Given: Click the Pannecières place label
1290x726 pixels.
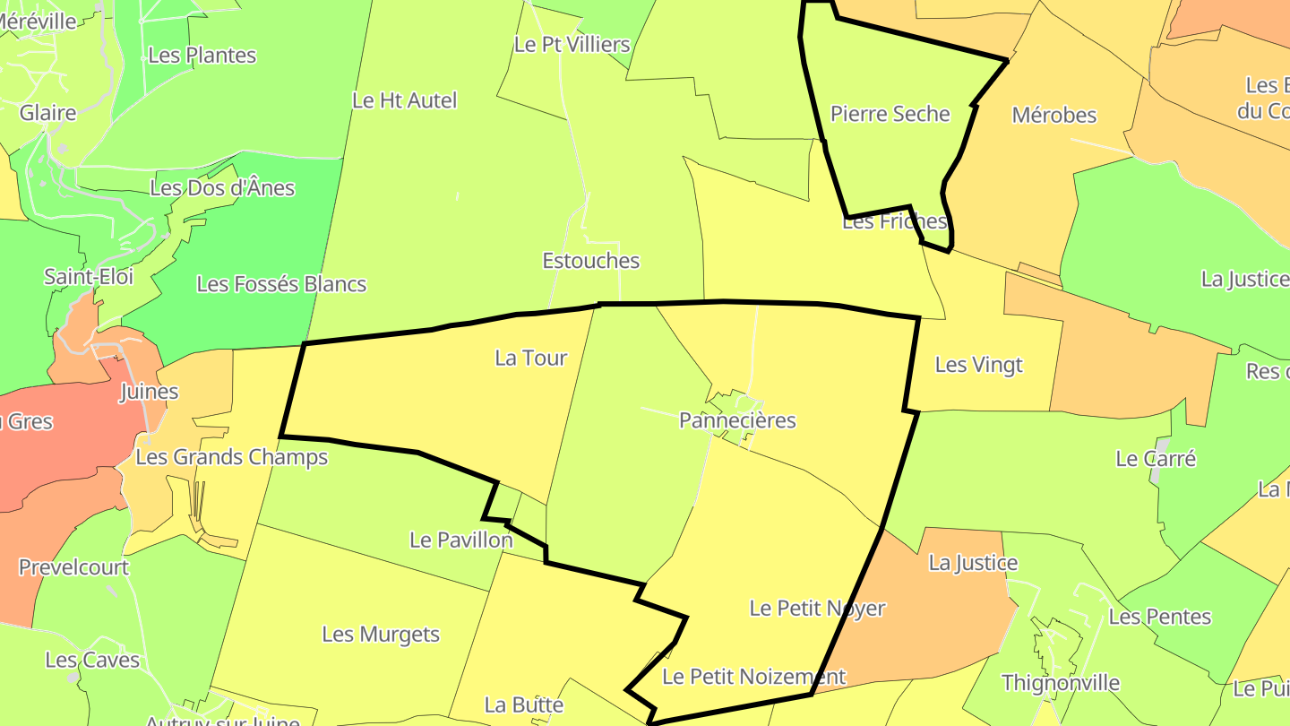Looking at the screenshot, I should [x=737, y=420].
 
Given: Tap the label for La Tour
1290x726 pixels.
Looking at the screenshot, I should [x=531, y=359].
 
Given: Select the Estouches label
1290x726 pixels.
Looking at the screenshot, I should [x=591, y=261].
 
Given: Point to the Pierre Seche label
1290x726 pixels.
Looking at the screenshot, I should [x=890, y=114].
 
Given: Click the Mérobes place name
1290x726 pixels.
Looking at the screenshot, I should [x=1053, y=116].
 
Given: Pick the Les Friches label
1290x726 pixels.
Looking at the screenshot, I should [x=894, y=221].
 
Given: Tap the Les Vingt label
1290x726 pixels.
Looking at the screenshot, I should [x=978, y=365].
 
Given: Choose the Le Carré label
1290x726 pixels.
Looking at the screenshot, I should [x=1156, y=459].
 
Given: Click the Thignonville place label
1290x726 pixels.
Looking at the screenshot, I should [x=1061, y=683].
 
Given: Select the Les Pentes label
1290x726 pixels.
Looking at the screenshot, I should [x=1159, y=617].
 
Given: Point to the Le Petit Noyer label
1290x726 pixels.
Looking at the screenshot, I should [x=817, y=609].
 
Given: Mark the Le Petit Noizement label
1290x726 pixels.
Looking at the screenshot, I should [x=753, y=677].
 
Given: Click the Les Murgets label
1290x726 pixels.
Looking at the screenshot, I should [x=381, y=635].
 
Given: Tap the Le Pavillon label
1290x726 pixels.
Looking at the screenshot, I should [x=460, y=540].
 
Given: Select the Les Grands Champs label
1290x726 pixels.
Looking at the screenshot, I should [x=231, y=458].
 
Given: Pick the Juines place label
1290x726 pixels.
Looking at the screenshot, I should [x=150, y=392].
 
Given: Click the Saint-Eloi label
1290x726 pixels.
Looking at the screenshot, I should [x=89, y=276].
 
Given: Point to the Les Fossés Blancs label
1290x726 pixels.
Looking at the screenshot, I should [x=281, y=285].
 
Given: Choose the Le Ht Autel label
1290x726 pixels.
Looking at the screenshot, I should [x=404, y=100].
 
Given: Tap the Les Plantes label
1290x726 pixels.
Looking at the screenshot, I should [x=202, y=56].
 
